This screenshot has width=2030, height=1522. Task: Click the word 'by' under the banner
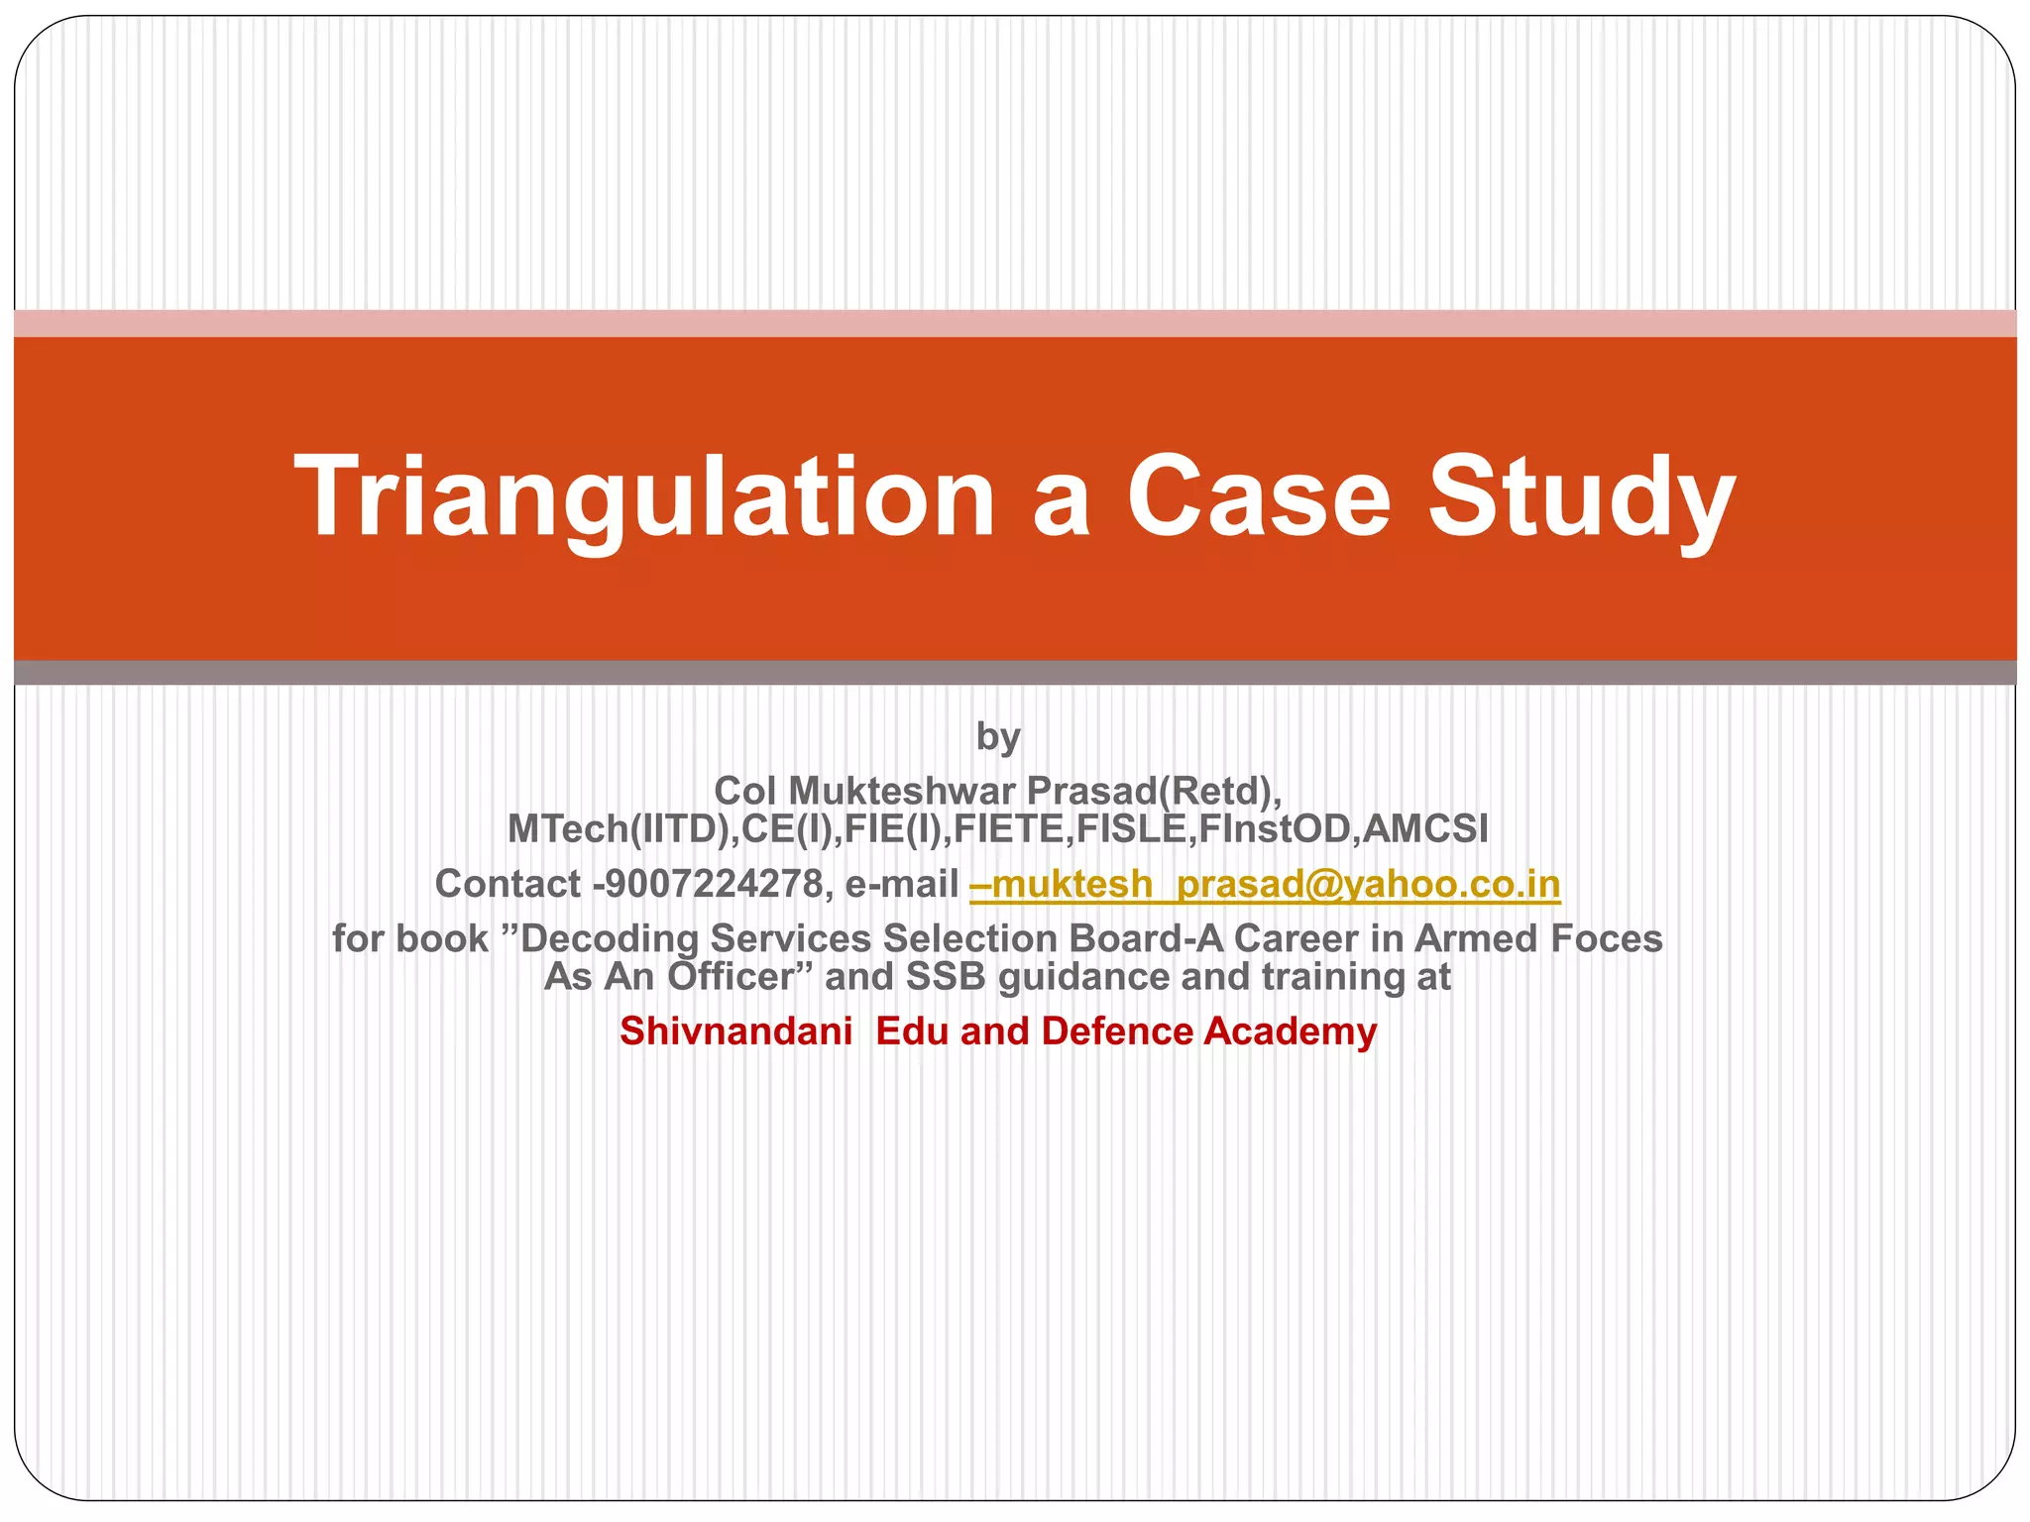998,737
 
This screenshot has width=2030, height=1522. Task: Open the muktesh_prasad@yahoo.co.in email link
1265,884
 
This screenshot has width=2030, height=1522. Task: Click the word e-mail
902,884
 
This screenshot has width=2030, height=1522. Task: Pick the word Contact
507,884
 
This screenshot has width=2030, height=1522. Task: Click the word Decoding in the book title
610,938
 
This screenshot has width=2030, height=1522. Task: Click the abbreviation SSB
946,977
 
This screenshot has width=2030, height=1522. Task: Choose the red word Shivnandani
735,1032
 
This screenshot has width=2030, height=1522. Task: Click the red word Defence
1117,1032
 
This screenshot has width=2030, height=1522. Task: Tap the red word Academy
1291,1032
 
